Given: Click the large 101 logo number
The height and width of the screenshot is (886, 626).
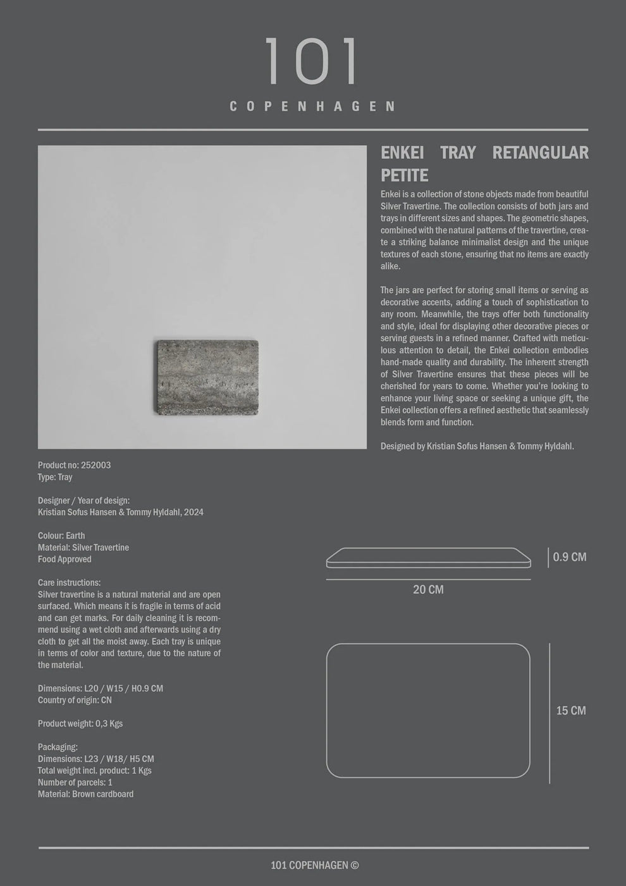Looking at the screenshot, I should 312,61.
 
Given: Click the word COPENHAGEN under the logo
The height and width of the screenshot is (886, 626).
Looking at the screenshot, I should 312,106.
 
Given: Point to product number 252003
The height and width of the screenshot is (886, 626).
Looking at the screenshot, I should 95,465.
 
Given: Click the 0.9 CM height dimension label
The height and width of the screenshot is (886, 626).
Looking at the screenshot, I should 569,557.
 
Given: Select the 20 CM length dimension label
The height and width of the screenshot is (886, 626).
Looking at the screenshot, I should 428,589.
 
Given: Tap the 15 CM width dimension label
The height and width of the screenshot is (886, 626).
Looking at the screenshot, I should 570,711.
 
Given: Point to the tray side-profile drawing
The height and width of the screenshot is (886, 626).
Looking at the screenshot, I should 428,558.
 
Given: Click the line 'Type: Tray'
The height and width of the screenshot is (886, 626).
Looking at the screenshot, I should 55,477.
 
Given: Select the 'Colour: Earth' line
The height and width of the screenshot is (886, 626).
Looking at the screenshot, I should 61,535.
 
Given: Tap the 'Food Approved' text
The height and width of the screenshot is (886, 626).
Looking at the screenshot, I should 64,559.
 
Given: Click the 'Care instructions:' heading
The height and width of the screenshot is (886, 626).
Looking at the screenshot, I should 69,582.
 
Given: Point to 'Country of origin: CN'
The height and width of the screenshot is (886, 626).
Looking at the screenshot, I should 75,700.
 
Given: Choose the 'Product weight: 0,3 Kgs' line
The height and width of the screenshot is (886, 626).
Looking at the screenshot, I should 80,723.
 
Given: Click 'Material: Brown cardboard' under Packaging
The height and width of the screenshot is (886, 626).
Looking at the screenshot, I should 85,794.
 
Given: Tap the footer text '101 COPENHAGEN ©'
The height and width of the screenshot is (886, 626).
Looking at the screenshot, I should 314,865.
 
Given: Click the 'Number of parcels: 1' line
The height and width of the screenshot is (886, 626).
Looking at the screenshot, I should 75,782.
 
